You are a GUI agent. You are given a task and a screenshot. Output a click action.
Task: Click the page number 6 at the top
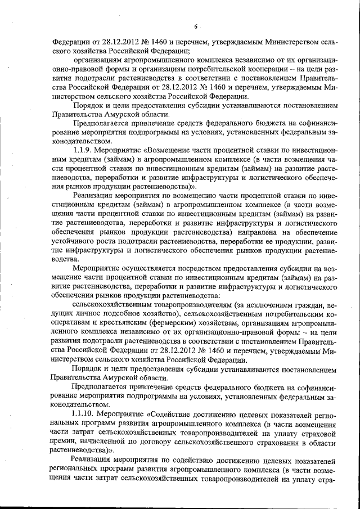click(x=196, y=26)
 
